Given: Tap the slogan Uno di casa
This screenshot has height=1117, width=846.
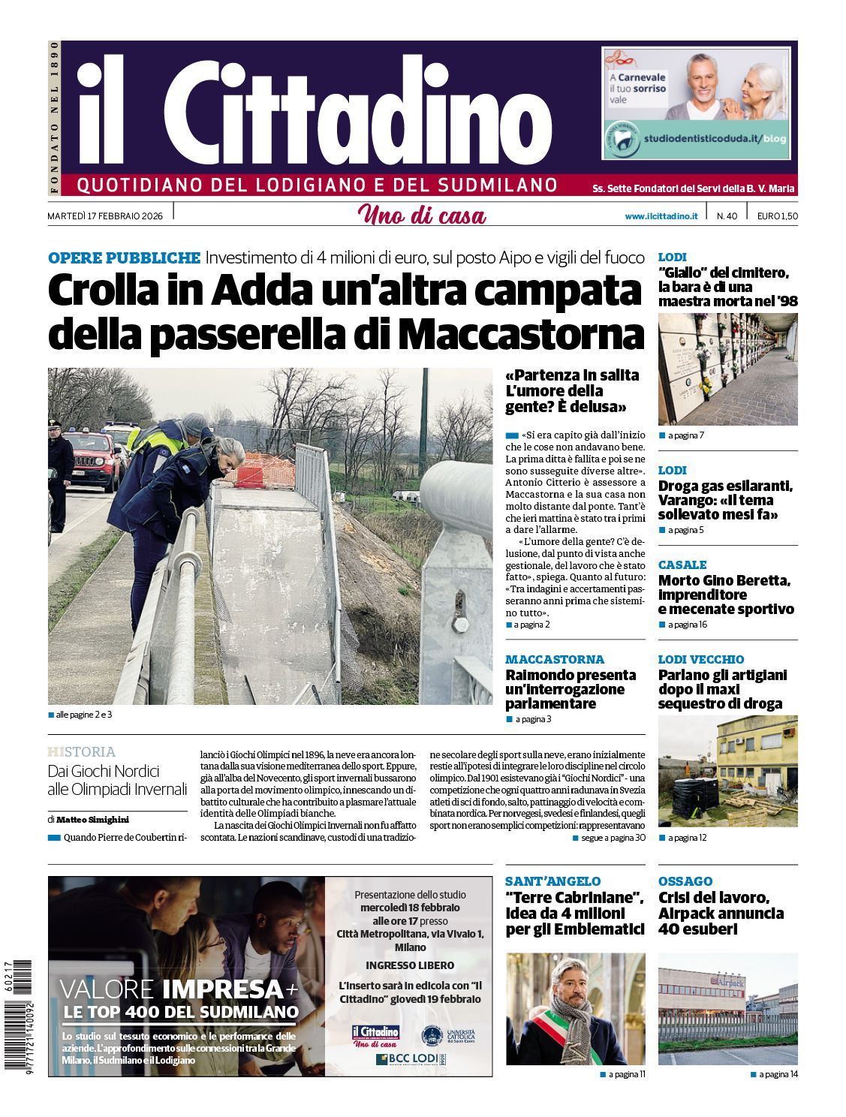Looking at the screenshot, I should coord(422,215).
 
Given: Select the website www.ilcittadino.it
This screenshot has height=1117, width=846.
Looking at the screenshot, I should coord(661,216).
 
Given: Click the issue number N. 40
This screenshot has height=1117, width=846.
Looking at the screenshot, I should coord(726,216).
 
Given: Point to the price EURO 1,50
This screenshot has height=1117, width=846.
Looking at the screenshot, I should coord(777,216).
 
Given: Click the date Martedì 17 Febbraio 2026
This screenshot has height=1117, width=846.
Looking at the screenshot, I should coord(106,216).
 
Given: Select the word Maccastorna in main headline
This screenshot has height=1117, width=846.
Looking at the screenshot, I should coord(521,334).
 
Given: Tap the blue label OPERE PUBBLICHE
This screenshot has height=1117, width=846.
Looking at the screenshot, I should coord(124,258).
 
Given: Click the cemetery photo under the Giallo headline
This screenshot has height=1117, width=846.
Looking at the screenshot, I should coord(727,369).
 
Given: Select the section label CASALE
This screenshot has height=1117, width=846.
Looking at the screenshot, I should coord(682,565).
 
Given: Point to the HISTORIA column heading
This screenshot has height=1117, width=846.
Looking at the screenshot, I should coord(81,751).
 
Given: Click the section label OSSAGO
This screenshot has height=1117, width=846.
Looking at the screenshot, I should coord(685,881).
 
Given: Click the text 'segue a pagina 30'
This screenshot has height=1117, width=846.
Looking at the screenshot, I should coord(613,838).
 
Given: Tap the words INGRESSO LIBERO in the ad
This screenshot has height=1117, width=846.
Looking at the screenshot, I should coord(409,965).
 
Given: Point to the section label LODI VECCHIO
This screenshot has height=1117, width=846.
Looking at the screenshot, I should coord(700,659).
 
